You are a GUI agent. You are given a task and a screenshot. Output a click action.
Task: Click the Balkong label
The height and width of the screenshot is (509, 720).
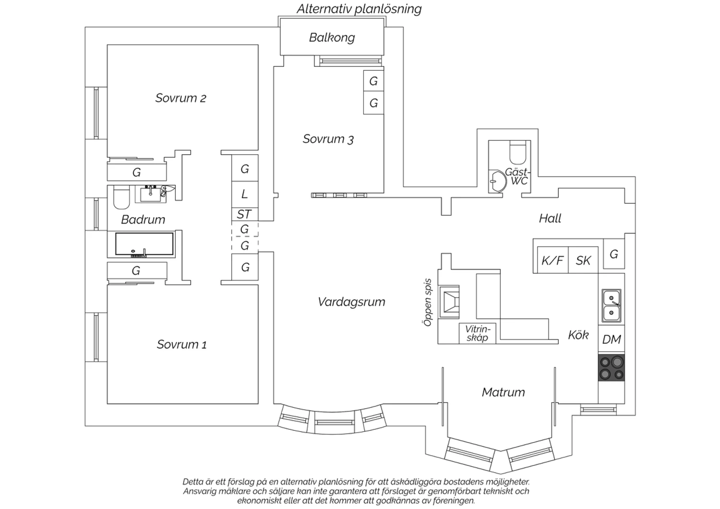click(332, 37)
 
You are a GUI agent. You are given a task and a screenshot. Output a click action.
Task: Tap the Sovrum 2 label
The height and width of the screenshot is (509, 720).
click(180, 98)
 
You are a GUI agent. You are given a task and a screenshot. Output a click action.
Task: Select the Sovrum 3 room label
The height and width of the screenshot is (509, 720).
click(328, 139)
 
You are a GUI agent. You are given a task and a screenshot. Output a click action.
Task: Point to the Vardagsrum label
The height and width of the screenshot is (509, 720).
click(351, 302)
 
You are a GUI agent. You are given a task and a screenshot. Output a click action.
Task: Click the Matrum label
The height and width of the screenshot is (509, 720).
click(504, 392)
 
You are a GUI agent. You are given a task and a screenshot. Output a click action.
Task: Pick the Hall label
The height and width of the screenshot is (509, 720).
click(550, 218)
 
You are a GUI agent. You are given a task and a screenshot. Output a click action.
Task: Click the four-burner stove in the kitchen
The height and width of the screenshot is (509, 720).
click(611, 368)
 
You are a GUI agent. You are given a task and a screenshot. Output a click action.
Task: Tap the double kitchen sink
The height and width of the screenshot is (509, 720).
click(612, 305)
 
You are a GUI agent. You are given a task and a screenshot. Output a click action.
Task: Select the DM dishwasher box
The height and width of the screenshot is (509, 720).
click(612, 339)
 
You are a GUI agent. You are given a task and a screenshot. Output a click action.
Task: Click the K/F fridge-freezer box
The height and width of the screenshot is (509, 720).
click(552, 260)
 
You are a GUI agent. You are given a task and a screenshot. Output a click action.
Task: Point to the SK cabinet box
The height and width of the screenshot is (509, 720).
click(583, 260)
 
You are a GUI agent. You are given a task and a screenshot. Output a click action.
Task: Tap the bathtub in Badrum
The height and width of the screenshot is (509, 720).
click(144, 244)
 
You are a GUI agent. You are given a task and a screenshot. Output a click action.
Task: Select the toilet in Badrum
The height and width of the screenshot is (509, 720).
click(121, 197)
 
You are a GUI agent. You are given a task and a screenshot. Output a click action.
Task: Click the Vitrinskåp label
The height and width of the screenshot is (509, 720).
click(478, 333)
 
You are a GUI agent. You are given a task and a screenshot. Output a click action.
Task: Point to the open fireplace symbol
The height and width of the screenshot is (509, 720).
click(449, 302)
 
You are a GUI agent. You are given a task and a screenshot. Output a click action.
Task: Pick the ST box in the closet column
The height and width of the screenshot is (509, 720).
click(245, 214)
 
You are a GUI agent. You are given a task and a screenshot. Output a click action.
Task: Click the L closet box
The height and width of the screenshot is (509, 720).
click(245, 194)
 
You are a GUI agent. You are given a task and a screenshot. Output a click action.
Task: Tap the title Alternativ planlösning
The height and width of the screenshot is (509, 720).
click(359, 9)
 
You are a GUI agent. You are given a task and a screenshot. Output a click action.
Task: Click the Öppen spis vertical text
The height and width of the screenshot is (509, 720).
click(428, 302)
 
